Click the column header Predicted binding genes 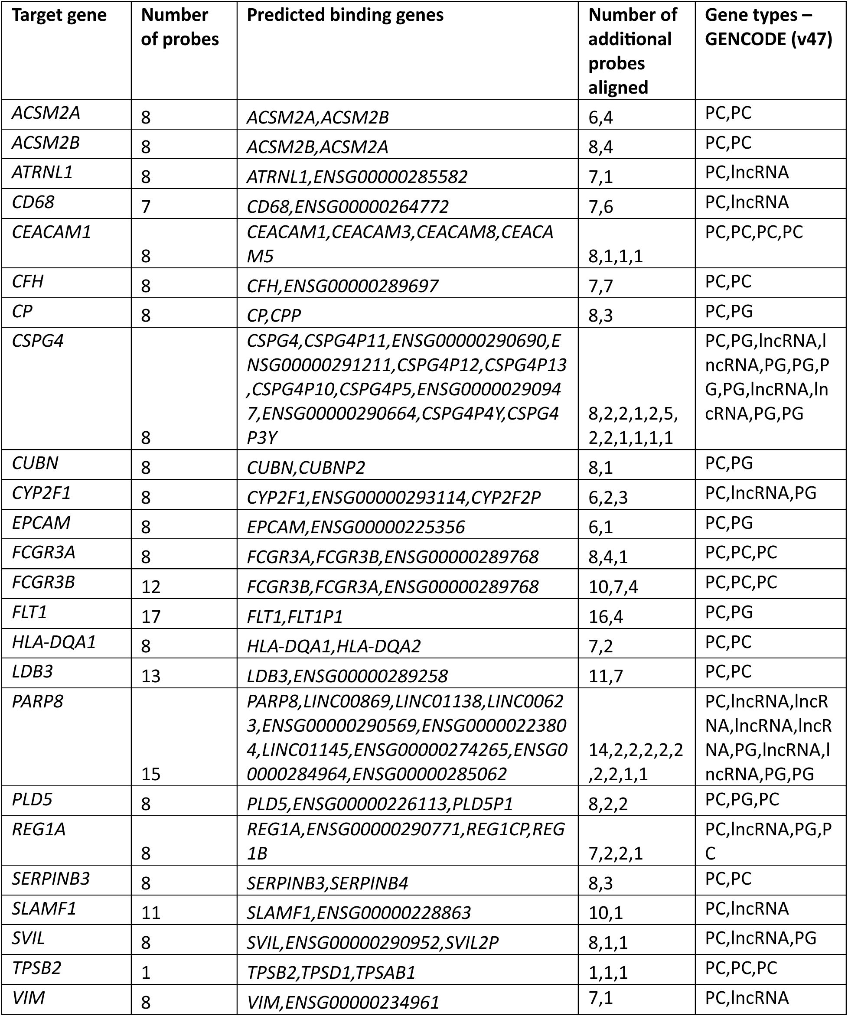pos(345,16)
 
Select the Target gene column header pos(59,16)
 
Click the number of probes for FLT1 pos(150,616)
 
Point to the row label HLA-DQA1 pos(54,642)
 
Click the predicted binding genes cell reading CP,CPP pos(274,316)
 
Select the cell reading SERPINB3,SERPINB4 pos(327,883)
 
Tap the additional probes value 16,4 pos(606,616)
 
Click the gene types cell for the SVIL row pos(760,938)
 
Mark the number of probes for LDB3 pos(150,676)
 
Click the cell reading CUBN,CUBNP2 pos(306,468)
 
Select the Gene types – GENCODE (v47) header pos(768,27)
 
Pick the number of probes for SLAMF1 pos(150,912)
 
